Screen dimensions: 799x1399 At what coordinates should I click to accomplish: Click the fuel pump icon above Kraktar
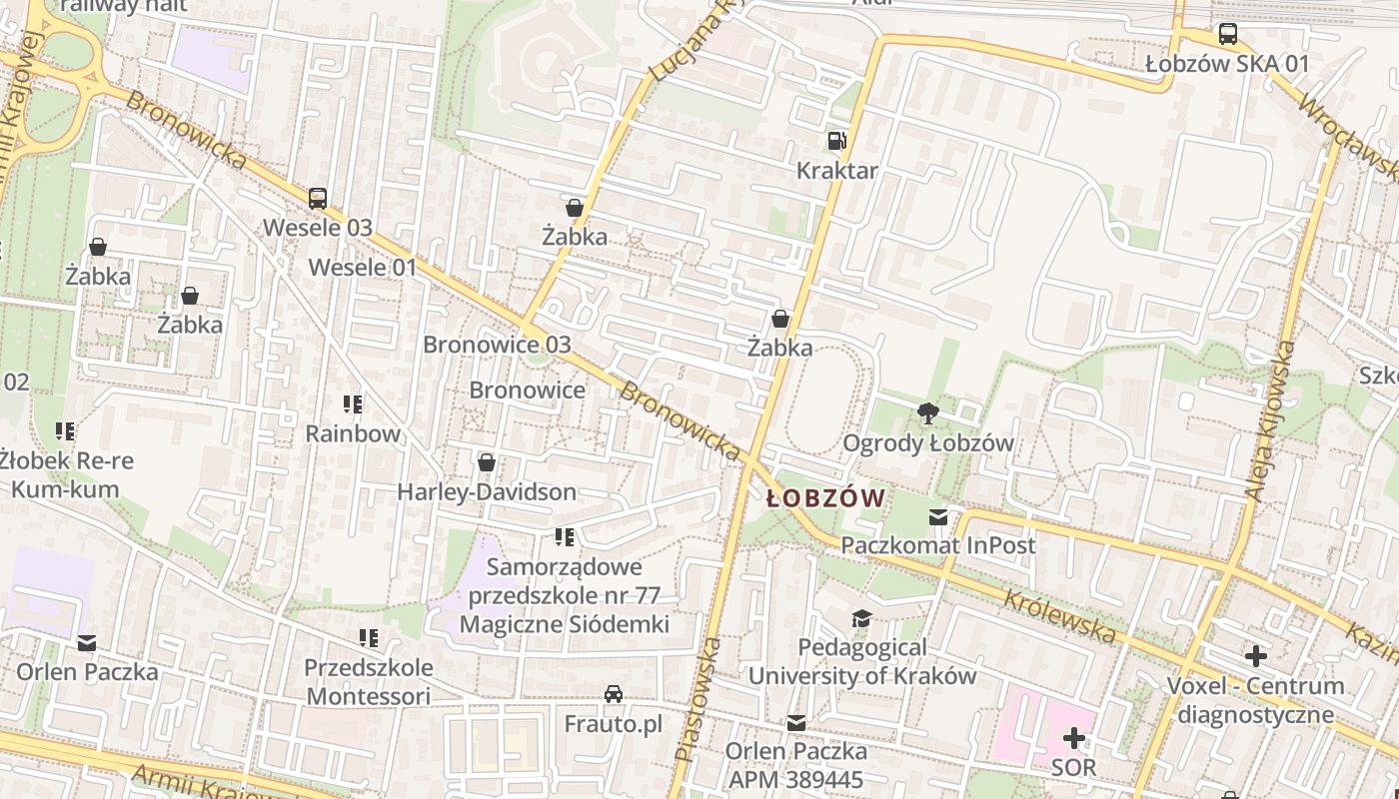point(836,141)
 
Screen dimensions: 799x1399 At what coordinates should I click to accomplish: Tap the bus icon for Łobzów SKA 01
point(1227,34)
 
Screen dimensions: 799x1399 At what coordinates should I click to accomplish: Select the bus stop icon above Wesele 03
point(318,199)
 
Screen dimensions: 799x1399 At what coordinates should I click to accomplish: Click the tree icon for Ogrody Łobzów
point(927,413)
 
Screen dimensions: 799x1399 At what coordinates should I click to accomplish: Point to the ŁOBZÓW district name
point(825,498)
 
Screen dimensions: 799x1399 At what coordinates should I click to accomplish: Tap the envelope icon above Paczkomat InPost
point(937,517)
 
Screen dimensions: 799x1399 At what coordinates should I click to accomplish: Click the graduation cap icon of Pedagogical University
point(861,618)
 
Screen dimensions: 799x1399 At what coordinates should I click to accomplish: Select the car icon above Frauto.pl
point(614,694)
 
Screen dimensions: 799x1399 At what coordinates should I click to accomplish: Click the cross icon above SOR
point(1074,739)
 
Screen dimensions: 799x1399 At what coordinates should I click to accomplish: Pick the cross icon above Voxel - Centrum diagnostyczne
point(1256,656)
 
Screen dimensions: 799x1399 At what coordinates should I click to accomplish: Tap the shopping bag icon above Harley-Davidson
point(487,462)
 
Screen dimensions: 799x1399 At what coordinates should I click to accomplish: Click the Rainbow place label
point(353,433)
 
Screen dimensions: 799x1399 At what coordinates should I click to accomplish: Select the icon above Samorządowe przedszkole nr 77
point(565,538)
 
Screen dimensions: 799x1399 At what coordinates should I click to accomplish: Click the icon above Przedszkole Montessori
point(369,637)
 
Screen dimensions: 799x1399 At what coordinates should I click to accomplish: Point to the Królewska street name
point(1059,616)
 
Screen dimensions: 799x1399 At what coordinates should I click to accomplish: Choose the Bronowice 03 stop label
point(497,345)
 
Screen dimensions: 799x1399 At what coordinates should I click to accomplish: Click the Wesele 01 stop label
point(362,268)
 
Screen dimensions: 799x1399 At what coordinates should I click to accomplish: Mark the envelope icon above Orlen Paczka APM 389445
point(796,722)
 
